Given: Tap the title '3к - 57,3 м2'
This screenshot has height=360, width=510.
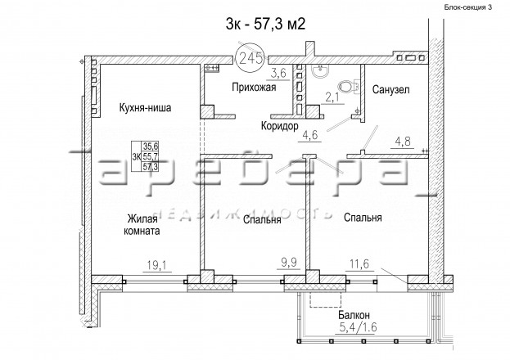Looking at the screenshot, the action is coord(266,24).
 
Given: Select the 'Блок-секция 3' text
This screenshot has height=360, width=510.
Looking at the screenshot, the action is coord(468,7).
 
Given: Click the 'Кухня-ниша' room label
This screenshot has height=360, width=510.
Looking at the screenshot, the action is coord(145,108).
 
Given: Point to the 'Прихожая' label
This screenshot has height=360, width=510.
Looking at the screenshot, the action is coord(254,88).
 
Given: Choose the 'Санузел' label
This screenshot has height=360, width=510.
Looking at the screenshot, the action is coord(390,89).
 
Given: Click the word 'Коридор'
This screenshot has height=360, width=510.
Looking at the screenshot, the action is coord(280,126).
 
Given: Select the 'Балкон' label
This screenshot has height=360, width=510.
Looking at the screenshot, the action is coord(354,315).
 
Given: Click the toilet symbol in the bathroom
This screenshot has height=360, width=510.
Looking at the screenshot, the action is coord(348,87).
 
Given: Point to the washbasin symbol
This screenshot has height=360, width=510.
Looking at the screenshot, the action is coord(320,71).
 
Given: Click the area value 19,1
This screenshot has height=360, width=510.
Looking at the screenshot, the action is coord(157,265).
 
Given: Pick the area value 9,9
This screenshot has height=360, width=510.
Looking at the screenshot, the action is coord(289,262).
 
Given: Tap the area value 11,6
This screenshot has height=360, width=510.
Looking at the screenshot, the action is coord(359,263).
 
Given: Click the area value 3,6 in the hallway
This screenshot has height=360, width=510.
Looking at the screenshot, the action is coord(279,73).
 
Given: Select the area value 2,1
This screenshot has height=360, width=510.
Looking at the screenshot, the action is coord(332,97).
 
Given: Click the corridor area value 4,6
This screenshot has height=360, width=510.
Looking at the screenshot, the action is coord(309,135).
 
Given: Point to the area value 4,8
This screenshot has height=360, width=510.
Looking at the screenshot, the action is coord(403,142).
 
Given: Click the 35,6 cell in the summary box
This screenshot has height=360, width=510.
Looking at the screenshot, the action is coord(150,147).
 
